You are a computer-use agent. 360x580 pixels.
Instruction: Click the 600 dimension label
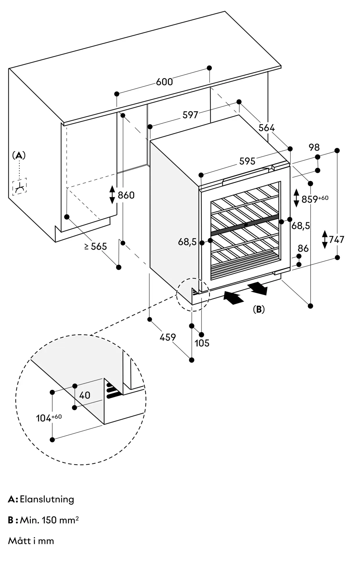[164, 82]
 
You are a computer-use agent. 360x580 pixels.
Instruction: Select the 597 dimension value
[190, 115]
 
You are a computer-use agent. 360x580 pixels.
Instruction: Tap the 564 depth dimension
[267, 128]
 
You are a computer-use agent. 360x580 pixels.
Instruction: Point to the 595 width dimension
[247, 161]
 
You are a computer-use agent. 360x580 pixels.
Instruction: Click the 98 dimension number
[314, 147]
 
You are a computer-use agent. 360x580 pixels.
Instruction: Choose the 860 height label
[126, 195]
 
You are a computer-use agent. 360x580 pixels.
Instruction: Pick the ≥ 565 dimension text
[96, 246]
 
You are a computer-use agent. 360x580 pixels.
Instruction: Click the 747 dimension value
[337, 240]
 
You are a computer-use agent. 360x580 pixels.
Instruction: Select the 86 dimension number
[303, 248]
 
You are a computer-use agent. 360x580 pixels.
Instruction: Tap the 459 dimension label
[168, 337]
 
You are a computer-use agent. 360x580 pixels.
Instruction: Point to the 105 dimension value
[202, 343]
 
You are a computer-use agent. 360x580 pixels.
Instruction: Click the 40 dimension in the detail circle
[85, 395]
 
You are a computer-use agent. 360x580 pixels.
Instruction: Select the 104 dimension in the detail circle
[49, 418]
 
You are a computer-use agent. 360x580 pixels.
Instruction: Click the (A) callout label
[19, 155]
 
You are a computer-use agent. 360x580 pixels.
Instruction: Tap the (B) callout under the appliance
[259, 309]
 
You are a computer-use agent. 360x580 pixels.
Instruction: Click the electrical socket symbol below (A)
[19, 186]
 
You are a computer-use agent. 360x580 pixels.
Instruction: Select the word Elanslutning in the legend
[47, 499]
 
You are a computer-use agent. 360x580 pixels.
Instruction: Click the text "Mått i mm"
[31, 541]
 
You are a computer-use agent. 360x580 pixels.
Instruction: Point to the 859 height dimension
[315, 199]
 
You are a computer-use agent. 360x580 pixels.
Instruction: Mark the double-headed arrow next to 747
[325, 240]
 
